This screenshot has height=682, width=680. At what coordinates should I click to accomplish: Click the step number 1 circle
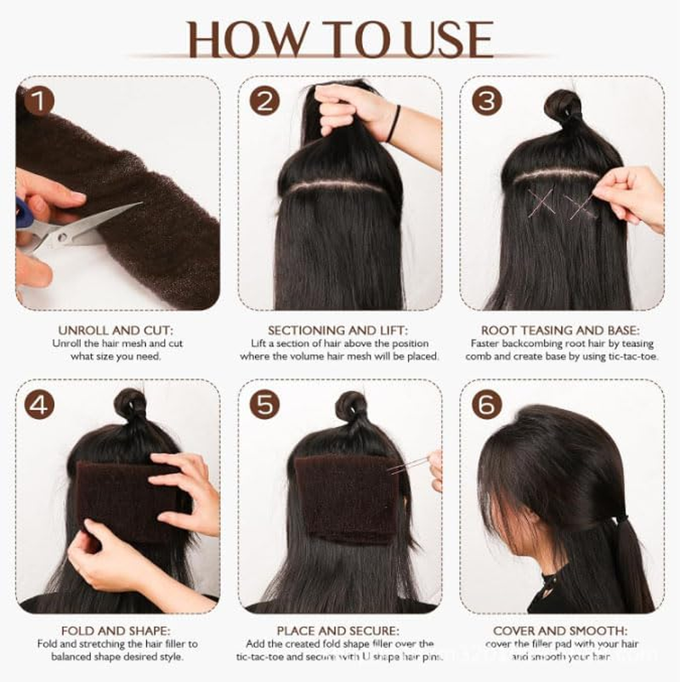coord(39,101)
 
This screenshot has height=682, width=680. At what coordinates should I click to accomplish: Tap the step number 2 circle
coord(264,101)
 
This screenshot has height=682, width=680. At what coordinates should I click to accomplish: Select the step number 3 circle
coord(487,101)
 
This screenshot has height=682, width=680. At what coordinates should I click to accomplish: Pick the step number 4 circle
coord(39,405)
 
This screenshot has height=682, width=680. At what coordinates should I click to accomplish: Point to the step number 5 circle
coord(264,405)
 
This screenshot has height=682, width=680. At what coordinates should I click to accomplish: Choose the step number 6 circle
coord(487,405)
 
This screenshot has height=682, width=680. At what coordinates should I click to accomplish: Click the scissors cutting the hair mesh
coord(68,230)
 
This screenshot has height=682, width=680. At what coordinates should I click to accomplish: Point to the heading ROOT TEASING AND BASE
coord(562,330)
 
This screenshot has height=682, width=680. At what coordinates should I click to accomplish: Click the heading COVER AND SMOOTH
coord(562,632)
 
